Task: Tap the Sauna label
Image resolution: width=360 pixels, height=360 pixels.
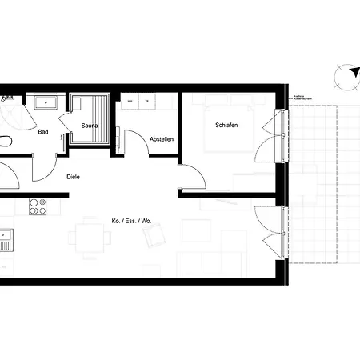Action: (90, 126)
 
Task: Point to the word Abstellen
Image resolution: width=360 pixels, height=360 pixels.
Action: (162, 139)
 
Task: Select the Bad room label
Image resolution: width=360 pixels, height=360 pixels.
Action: (44, 133)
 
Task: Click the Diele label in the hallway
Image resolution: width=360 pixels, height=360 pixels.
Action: (74, 177)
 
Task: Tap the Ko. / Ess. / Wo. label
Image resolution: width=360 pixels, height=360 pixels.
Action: (131, 220)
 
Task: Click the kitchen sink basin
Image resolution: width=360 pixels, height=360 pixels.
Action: (4, 238)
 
